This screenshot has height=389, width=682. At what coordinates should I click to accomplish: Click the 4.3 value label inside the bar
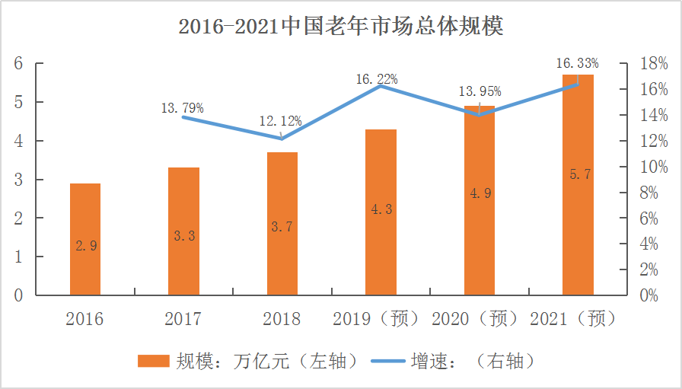(381, 209)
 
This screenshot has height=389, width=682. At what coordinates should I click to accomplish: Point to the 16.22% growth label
(377, 78)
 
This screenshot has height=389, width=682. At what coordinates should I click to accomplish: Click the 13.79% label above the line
(182, 108)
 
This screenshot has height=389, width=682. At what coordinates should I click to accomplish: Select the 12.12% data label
(280, 120)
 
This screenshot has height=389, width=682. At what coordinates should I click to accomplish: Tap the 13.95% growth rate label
(480, 92)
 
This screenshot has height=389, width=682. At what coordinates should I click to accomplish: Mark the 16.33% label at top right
(578, 62)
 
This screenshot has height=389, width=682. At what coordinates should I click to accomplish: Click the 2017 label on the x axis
(183, 319)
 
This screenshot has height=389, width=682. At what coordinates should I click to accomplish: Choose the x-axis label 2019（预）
(376, 319)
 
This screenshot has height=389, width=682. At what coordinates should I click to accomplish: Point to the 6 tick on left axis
(18, 63)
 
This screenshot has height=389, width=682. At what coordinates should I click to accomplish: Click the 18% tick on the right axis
(654, 64)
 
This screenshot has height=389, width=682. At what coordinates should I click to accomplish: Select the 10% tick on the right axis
(654, 167)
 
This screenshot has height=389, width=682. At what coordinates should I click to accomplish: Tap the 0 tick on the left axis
(18, 295)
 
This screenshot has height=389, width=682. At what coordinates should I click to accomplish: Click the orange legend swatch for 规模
(153, 361)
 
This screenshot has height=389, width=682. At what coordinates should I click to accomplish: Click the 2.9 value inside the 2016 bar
(85, 246)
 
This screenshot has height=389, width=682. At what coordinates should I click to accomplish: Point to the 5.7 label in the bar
(579, 174)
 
